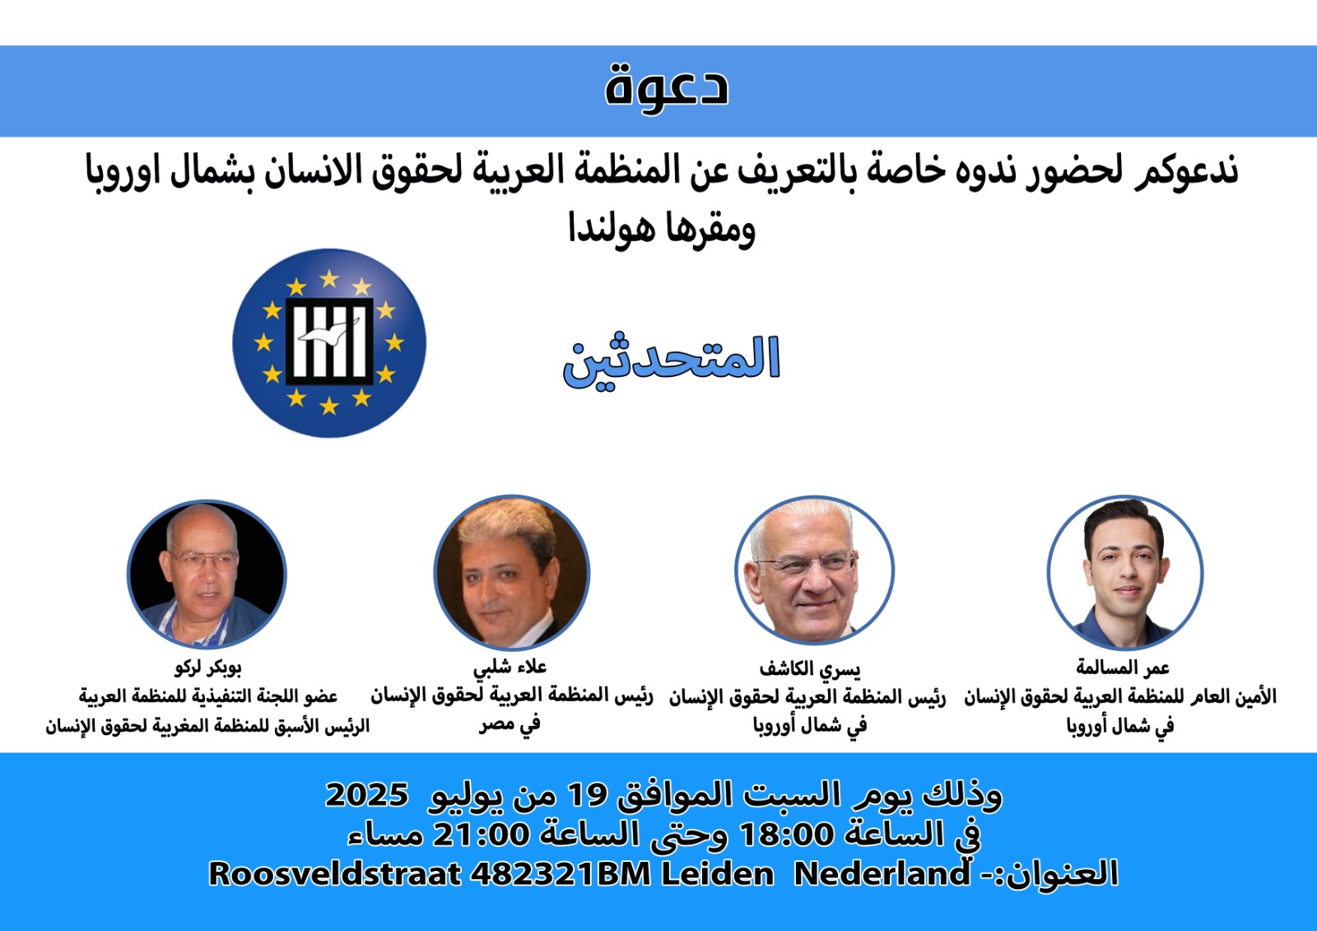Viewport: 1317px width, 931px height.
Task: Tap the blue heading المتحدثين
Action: (672, 361)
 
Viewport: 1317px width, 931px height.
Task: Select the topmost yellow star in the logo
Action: (329, 277)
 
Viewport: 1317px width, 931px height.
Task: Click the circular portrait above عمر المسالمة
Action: (1124, 572)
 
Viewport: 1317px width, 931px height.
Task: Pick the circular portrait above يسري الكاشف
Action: (814, 570)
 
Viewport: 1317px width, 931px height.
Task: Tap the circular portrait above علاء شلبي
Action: (511, 572)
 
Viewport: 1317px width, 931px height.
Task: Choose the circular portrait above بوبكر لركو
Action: (207, 574)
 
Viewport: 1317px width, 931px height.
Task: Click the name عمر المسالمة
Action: (1123, 668)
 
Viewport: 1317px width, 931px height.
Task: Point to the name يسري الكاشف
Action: (810, 668)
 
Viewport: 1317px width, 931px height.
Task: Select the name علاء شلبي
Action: (510, 667)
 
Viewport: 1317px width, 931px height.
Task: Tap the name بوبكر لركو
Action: (207, 668)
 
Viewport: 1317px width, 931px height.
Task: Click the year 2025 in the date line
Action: (366, 794)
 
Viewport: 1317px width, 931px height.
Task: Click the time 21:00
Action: (481, 834)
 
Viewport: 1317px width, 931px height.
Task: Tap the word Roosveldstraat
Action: (334, 874)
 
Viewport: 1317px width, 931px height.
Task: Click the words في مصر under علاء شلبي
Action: (510, 724)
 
